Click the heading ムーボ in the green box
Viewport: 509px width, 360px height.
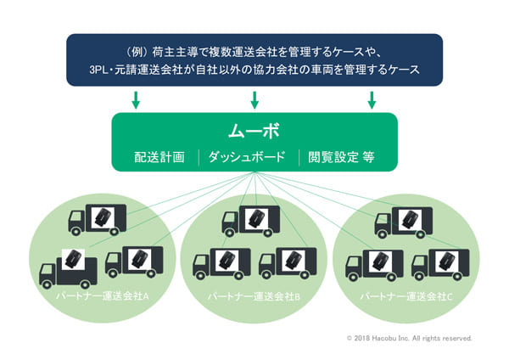(254, 132)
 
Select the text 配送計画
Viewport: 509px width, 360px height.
(159, 157)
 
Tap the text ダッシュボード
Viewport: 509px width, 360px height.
(248, 157)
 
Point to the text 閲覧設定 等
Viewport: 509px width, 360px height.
(341, 157)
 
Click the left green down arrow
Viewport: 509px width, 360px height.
(137, 99)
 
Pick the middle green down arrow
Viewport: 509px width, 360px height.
(254, 99)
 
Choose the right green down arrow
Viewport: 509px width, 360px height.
(371, 99)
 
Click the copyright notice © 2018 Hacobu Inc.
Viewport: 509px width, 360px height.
(409, 338)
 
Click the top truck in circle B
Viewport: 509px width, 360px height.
(251, 218)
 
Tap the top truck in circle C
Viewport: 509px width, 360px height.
(406, 220)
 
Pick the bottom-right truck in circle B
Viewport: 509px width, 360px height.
(288, 262)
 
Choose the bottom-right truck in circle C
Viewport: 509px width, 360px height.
(441, 262)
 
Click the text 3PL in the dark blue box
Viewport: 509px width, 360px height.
(88, 70)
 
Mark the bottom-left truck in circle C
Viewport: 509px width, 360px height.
(373, 263)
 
